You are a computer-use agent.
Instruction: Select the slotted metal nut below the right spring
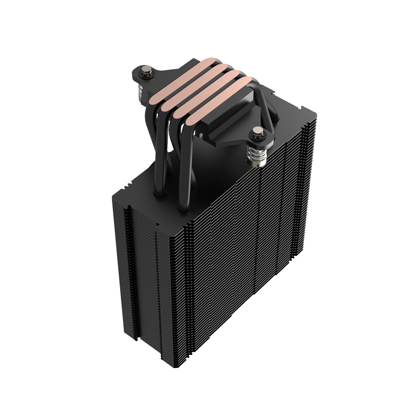point(257,164)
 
